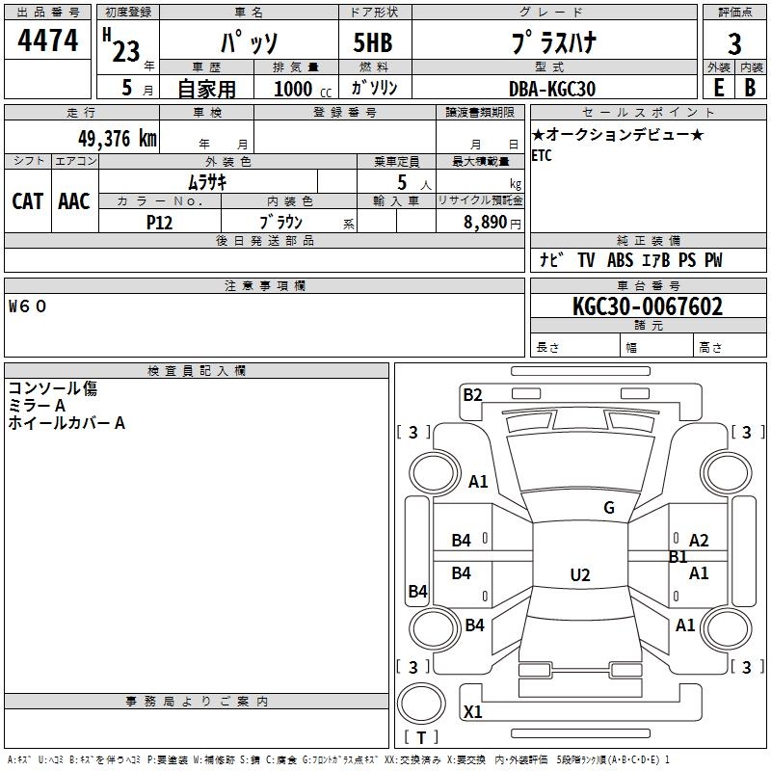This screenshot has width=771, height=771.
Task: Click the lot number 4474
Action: coord(47,40)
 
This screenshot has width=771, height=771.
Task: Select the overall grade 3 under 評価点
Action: coord(734,43)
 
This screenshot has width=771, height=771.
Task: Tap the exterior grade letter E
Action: coord(718,88)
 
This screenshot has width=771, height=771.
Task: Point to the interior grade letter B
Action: coord(750,88)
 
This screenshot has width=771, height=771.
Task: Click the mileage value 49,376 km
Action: coord(117,139)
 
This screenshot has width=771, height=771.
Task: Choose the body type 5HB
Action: coord(373,42)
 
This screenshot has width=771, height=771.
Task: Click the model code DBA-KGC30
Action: coord(552,89)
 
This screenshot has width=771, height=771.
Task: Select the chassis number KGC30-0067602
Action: coord(648,306)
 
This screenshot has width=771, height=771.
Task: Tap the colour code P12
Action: coord(159,223)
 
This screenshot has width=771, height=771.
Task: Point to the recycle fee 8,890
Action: coord(486,222)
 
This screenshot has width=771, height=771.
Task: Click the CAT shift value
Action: coord(28,201)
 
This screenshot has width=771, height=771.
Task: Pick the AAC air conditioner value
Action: coord(74,201)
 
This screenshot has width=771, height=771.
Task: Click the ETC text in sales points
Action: coord(542,156)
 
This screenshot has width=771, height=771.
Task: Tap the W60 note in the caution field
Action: coord(28,306)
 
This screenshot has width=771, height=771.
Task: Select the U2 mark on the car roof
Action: coord(580,574)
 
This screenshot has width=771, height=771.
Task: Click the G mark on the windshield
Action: coord(609,508)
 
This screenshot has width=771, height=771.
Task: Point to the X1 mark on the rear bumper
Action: coord(472,711)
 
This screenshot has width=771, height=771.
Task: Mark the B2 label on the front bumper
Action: coord(472,394)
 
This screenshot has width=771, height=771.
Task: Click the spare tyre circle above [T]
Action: coord(421,704)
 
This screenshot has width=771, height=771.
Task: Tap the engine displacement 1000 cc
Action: coord(303,89)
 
